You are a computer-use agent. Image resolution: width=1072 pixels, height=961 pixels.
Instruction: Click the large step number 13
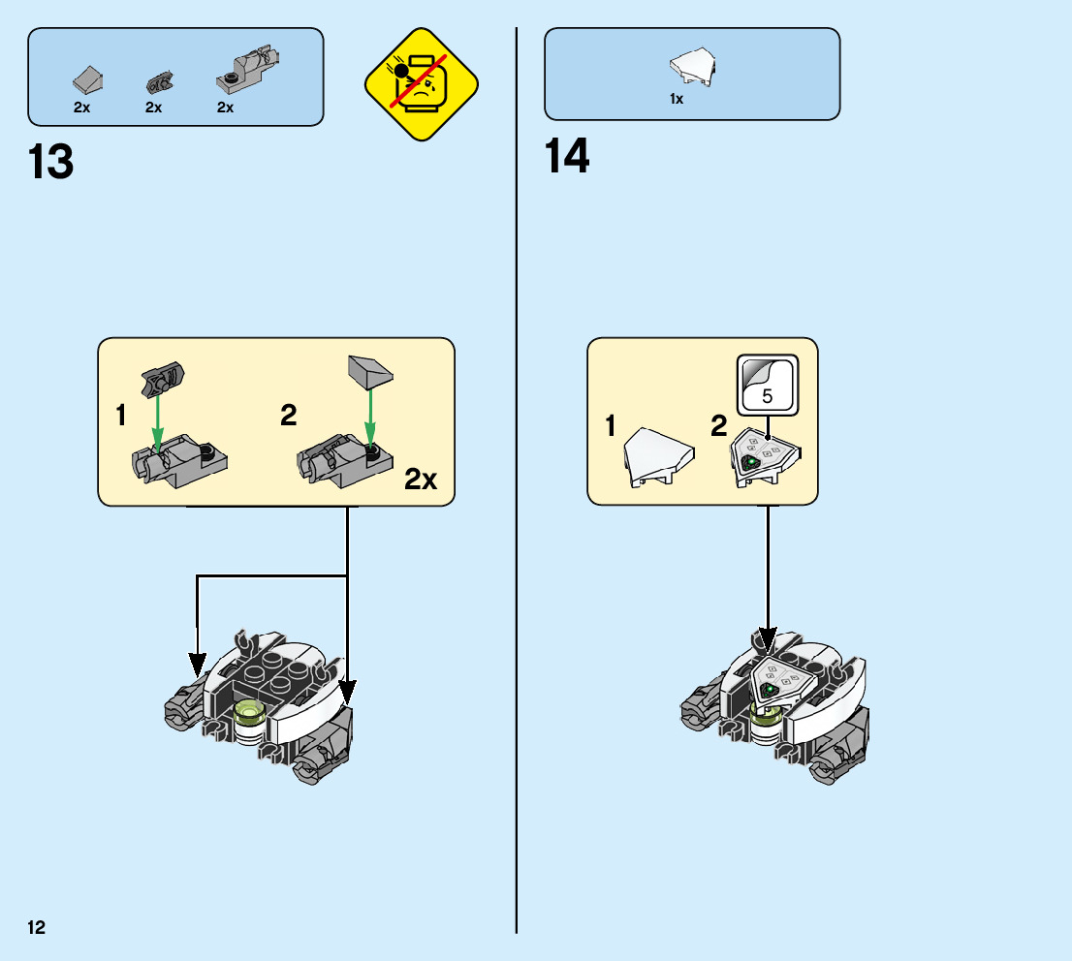coord(51,162)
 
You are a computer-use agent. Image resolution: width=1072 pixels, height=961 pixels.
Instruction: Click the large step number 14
coord(567,157)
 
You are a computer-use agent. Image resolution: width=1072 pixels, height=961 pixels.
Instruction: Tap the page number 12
coord(37,928)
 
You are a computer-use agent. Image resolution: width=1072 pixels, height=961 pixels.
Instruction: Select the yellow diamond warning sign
coord(422,84)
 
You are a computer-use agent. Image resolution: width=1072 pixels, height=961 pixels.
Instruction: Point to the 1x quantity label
coord(677,99)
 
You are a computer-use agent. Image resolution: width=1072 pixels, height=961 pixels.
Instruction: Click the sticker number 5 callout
coord(767,384)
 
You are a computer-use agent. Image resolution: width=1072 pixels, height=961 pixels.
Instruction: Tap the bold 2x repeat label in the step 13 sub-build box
coord(421,479)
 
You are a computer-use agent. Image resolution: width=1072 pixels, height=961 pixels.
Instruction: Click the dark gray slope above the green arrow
coord(369,370)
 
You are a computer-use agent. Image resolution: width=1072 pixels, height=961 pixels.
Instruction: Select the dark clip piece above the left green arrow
coord(161,376)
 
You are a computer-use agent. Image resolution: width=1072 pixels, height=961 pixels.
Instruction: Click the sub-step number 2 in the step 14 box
coord(718,426)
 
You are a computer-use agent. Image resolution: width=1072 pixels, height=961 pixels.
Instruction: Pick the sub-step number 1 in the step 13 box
coord(121,417)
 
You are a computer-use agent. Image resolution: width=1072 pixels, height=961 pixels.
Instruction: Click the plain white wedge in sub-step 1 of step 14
coord(659,454)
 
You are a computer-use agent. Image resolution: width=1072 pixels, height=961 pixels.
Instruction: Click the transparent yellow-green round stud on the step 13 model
coord(251,715)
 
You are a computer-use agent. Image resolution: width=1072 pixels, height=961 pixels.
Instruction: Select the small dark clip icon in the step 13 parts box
coord(155,81)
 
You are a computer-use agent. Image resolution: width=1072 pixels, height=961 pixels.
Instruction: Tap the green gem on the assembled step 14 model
coord(771,689)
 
